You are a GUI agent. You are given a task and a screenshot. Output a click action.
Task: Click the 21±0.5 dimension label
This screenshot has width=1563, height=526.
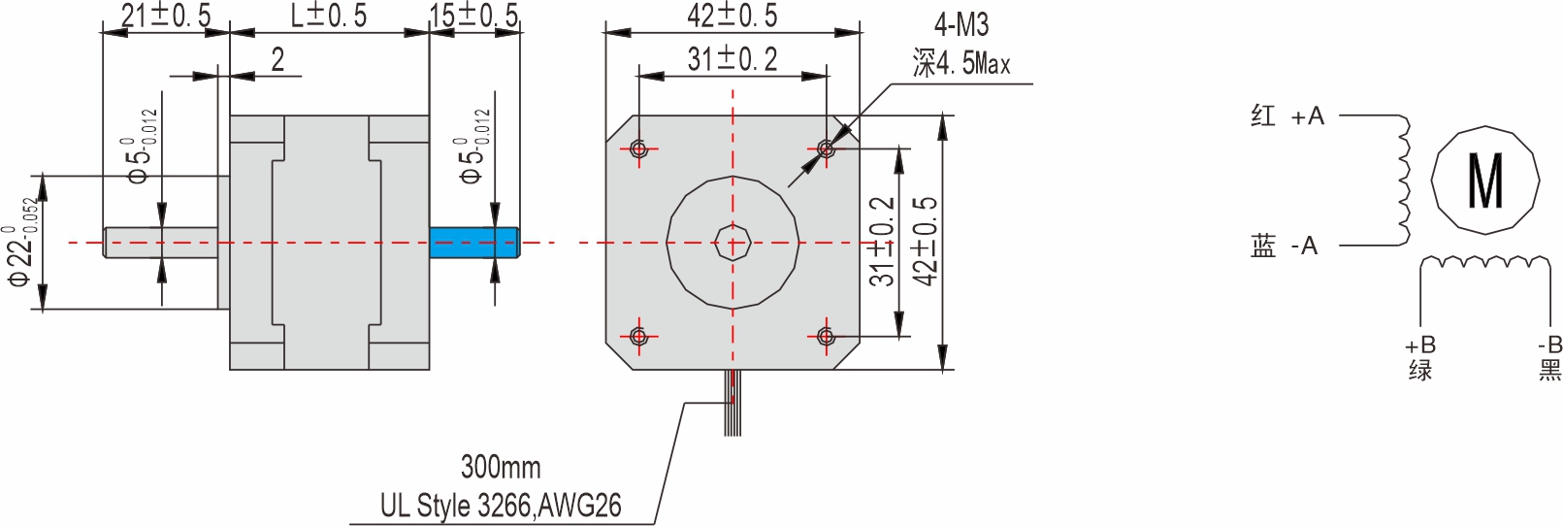click(x=165, y=16)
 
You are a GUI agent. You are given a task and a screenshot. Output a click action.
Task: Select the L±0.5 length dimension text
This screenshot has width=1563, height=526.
click(x=329, y=16)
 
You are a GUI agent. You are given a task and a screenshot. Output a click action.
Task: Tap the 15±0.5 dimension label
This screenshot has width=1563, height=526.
click(x=473, y=16)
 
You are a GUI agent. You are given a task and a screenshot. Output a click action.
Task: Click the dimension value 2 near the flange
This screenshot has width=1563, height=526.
click(x=277, y=60)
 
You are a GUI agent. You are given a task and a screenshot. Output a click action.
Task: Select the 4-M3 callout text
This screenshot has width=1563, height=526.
click(x=961, y=25)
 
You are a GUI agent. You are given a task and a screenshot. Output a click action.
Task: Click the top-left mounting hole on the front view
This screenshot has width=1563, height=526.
click(x=638, y=148)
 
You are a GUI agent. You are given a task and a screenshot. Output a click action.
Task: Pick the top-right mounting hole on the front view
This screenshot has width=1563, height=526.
click(x=826, y=148)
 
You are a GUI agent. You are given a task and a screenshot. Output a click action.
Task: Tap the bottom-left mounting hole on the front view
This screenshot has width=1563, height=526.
click(x=638, y=336)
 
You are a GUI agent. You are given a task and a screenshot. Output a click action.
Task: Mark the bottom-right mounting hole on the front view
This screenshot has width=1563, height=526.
click(x=826, y=336)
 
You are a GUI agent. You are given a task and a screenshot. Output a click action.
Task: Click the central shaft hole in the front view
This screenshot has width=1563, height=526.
click(x=733, y=243)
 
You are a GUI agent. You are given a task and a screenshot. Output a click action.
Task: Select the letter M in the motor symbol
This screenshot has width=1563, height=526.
click(x=1485, y=181)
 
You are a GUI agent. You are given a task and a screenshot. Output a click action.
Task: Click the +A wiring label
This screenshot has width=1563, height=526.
click(x=1307, y=116)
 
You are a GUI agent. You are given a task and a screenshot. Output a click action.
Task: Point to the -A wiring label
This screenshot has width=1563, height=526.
click(x=1305, y=247)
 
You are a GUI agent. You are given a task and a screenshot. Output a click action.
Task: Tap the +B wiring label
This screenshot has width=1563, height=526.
click(x=1420, y=345)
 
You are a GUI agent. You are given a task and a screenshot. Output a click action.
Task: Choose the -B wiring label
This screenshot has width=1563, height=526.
click(x=1549, y=345)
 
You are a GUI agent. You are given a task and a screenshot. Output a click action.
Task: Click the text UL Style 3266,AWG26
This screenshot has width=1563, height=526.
click(x=501, y=506)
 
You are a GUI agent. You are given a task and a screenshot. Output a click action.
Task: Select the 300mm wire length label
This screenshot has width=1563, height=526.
click(x=501, y=467)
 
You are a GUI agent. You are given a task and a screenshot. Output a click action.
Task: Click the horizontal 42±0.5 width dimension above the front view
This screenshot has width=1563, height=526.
click(x=732, y=16)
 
